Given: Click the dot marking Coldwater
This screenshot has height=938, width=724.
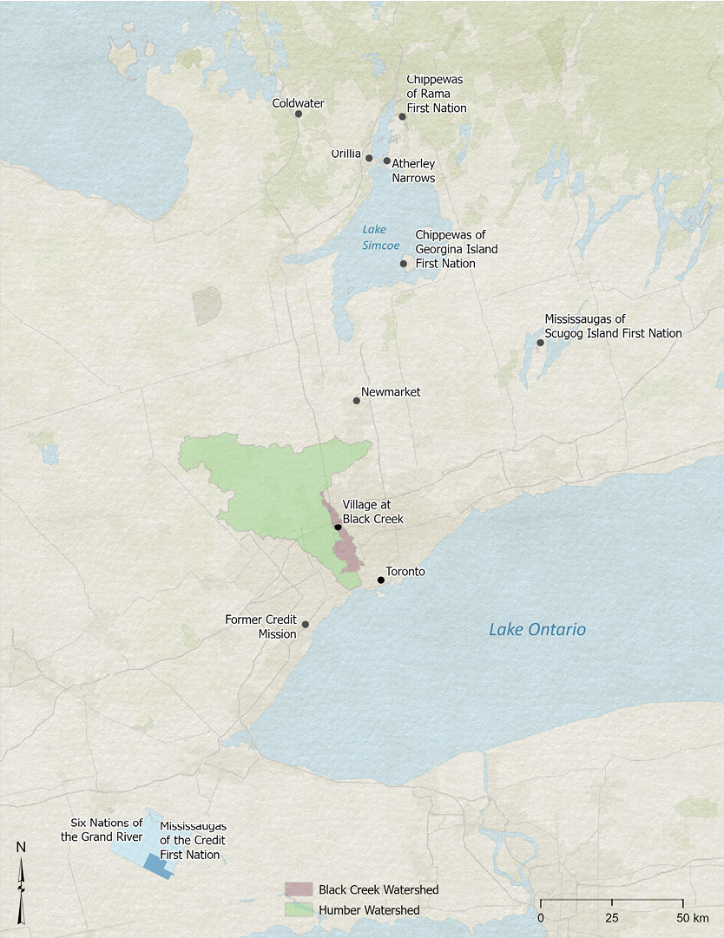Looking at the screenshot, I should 299,114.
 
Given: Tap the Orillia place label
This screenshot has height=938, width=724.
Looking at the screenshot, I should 346,154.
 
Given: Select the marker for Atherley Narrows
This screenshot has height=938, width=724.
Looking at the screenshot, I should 387,161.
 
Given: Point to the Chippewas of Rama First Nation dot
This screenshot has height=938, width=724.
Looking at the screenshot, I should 402,116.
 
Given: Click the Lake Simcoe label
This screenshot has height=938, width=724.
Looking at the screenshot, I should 374,237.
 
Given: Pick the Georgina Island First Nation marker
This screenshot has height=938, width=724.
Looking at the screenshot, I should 403,264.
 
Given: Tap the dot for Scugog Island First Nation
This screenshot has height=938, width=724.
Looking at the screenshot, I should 540,343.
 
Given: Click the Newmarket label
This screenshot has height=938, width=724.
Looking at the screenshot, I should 391,392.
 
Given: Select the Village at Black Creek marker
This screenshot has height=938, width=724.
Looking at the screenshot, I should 338,527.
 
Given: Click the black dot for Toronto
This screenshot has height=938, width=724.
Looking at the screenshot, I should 381,580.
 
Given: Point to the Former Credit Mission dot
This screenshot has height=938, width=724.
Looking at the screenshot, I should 305,624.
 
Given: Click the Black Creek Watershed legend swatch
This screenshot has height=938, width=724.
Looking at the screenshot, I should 298,889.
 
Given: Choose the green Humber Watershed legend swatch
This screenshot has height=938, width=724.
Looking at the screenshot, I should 298,910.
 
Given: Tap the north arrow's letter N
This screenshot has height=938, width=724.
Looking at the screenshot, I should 21,848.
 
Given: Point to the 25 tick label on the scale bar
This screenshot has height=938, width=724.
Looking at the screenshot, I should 612,918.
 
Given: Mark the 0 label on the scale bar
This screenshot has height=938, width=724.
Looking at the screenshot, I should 541,918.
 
